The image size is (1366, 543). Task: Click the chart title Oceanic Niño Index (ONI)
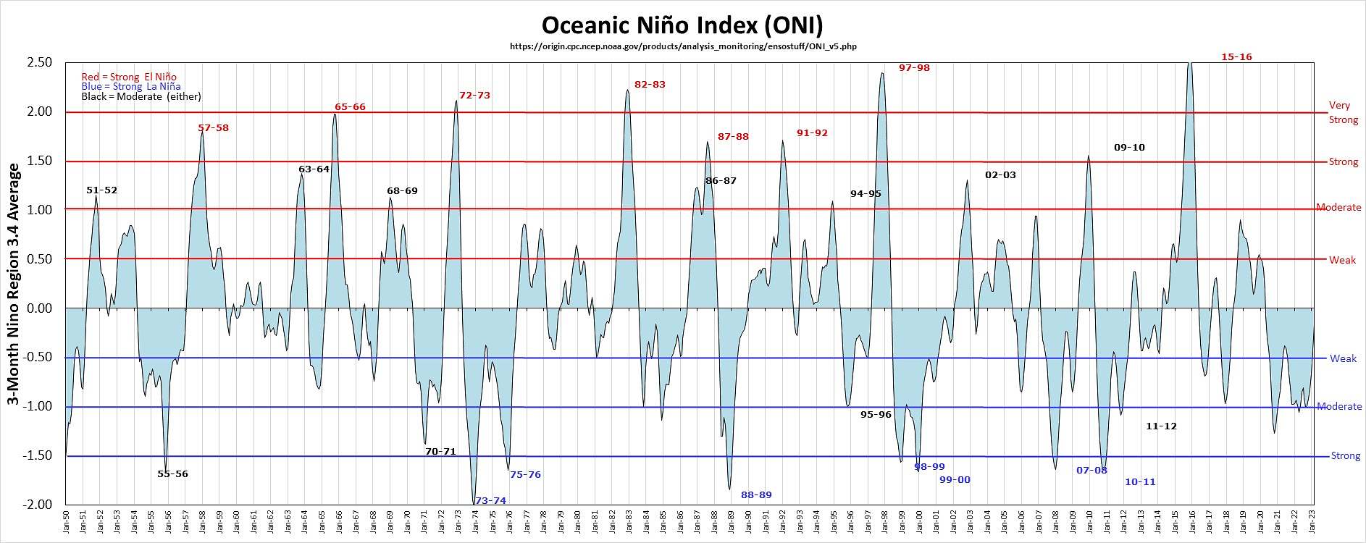(x=682, y=25)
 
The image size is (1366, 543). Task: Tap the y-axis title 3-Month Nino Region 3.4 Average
(x=14, y=284)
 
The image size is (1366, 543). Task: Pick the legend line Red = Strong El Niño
(x=129, y=77)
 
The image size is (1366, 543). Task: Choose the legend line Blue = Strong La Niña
(x=131, y=87)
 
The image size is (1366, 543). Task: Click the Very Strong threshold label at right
(x=1343, y=113)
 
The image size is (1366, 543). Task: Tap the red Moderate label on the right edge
(x=1338, y=208)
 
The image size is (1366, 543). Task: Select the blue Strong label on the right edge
(x=1345, y=456)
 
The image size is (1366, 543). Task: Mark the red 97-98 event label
(x=914, y=68)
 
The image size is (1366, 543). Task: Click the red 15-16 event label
(x=1236, y=57)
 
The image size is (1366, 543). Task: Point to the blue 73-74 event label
(x=490, y=501)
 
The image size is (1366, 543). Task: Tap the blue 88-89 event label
(x=756, y=495)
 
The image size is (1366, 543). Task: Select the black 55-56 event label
(x=172, y=474)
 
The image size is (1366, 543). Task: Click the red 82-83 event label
(x=650, y=85)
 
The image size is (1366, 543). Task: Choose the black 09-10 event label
(x=1129, y=148)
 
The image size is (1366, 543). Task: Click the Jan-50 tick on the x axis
(x=66, y=523)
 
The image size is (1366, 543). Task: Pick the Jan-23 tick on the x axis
(x=1313, y=523)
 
